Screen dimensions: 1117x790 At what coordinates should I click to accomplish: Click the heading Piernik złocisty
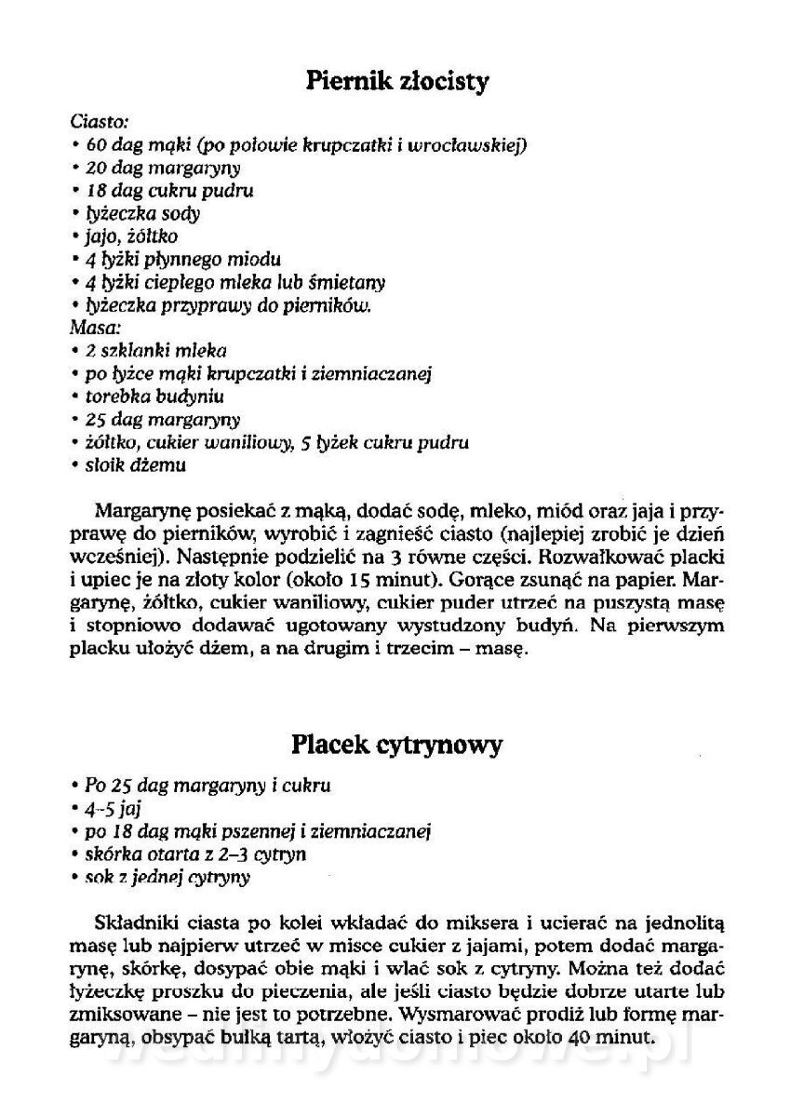point(396,82)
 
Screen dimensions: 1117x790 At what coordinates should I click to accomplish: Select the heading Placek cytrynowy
point(396,745)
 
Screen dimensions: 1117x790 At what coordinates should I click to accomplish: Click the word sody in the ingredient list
point(181,213)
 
